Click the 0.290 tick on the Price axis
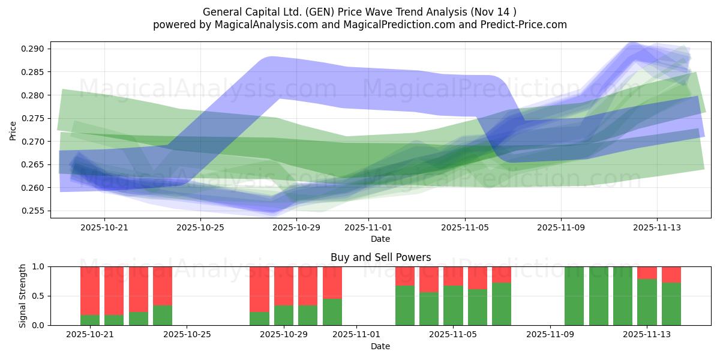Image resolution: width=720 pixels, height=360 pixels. pos(34,49)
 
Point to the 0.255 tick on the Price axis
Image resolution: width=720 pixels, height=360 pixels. pos(34,211)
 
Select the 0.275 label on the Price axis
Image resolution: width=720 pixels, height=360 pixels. pos(34,118)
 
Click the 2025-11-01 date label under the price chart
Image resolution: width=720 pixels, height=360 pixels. pos(368,228)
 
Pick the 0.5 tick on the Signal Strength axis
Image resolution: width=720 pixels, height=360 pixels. pos(40,296)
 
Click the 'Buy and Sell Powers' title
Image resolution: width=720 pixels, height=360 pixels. pos(380,257)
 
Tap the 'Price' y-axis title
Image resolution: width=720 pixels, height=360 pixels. pos(13,130)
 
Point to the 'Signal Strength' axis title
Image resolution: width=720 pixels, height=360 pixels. pos(22,296)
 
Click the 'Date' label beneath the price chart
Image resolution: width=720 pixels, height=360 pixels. pos(380,239)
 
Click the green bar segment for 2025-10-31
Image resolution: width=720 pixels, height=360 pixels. pos(332,312)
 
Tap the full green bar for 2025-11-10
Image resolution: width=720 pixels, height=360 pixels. pos(574,296)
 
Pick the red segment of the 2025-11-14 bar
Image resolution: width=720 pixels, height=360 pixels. pos(671,274)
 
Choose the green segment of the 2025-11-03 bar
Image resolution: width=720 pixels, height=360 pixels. pos(405,305)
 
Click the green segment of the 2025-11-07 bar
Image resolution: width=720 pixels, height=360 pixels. pos(502,304)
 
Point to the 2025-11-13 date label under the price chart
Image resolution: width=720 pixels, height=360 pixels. pos(657,228)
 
